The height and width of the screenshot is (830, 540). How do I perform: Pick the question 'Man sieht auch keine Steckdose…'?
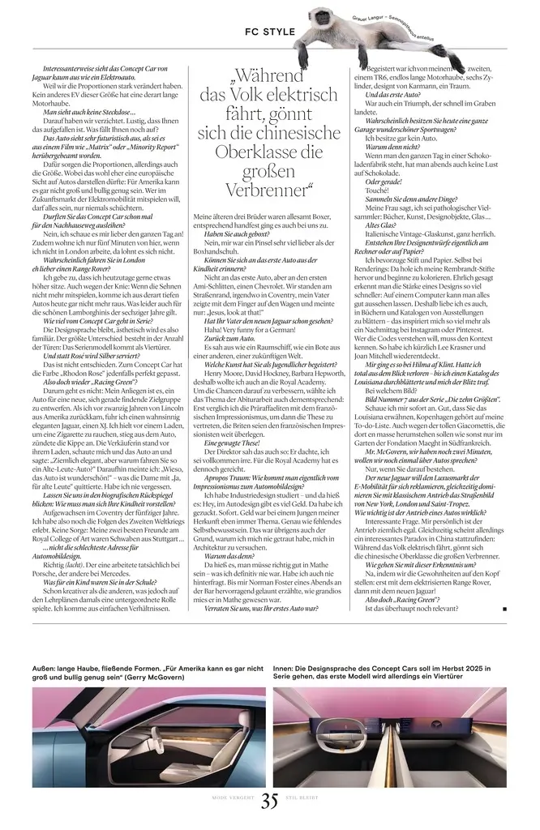(x=88, y=112)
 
